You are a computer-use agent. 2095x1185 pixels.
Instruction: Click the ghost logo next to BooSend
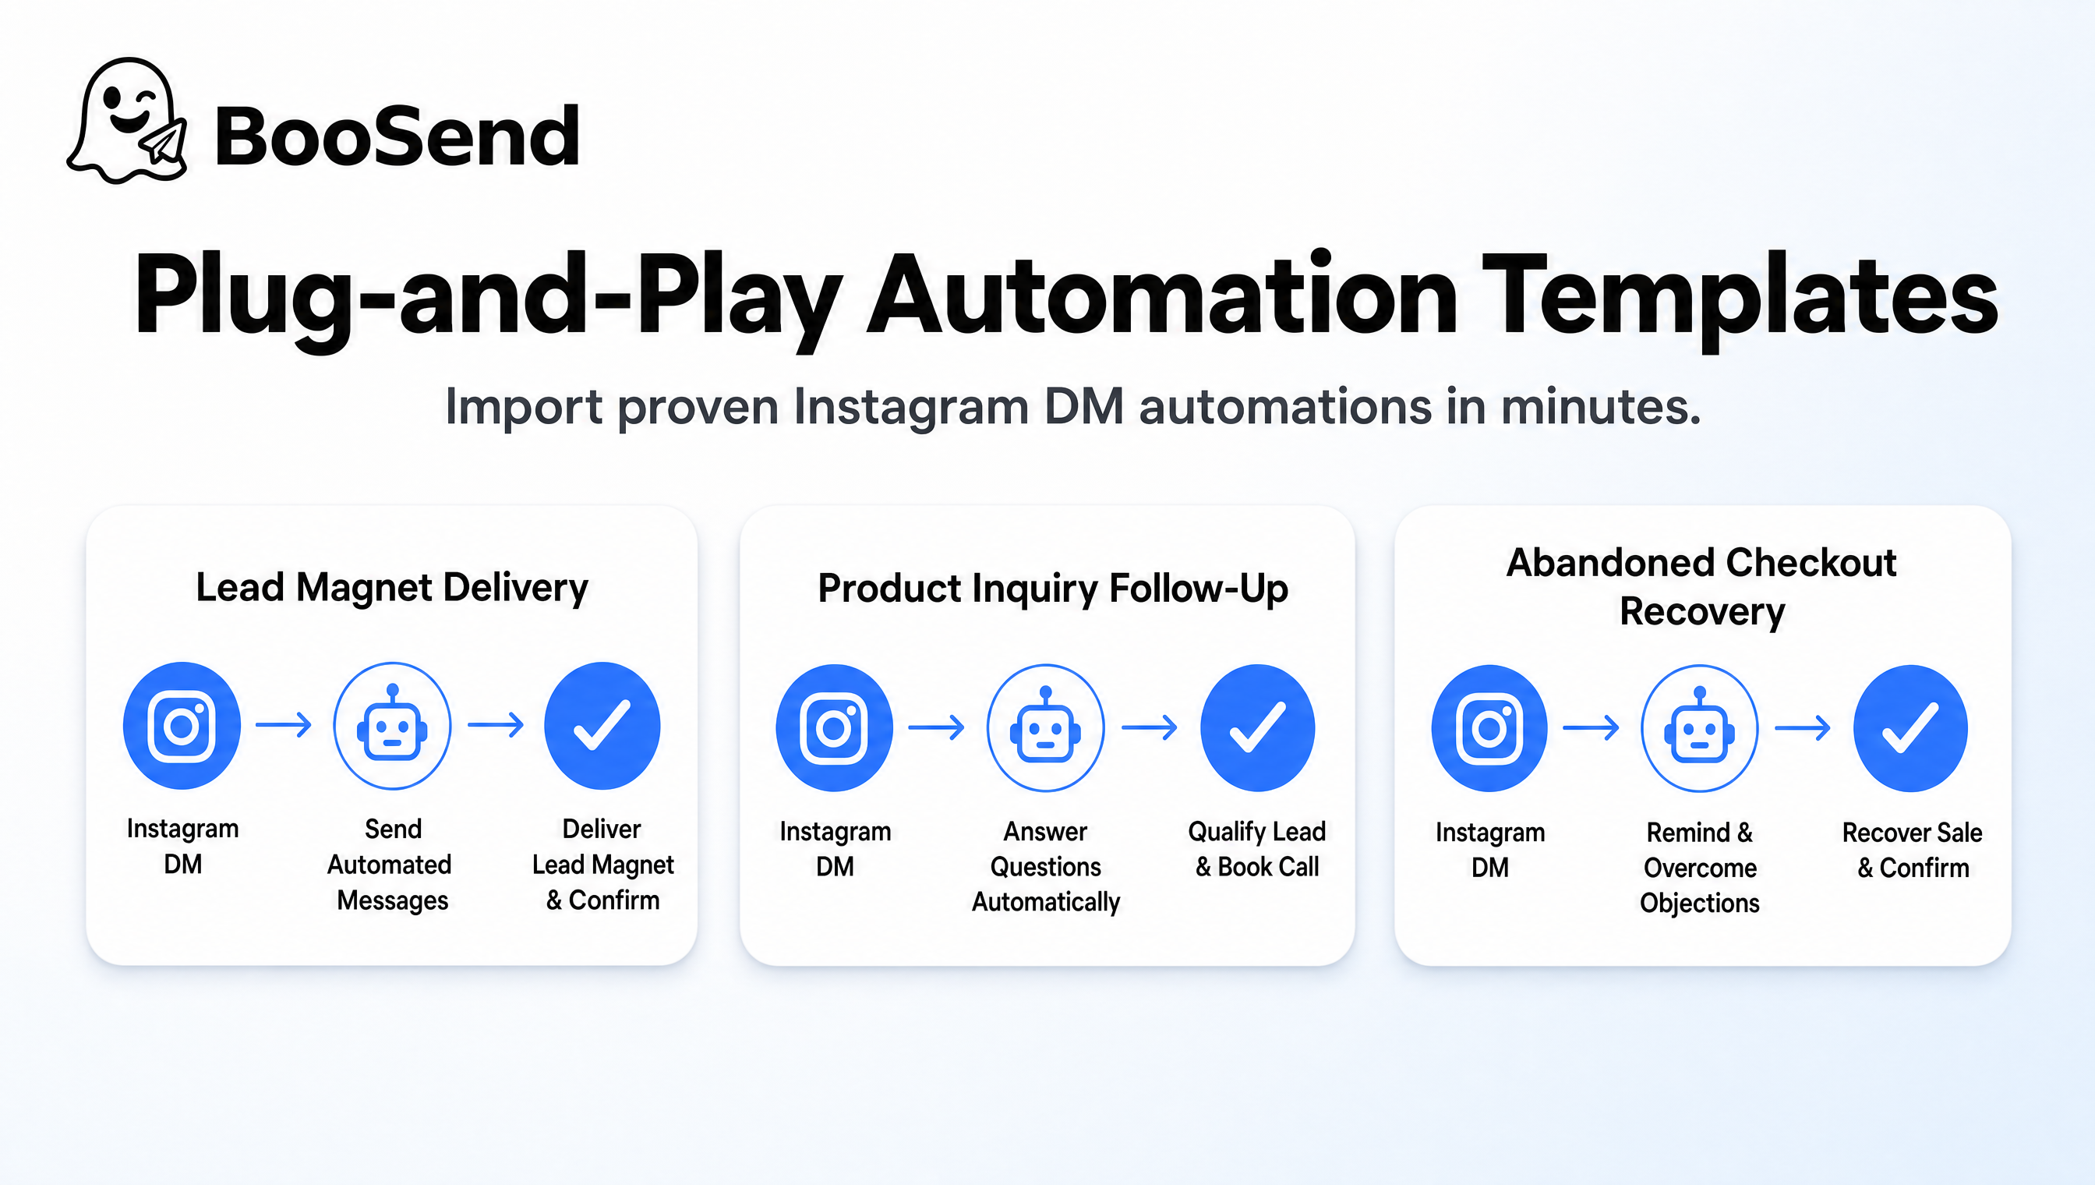pos(128,121)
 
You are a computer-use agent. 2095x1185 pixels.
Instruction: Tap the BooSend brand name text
pos(397,136)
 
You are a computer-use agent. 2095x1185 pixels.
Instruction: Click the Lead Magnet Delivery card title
pos(392,588)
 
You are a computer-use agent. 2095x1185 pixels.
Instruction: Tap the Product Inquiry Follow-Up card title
pos(1053,589)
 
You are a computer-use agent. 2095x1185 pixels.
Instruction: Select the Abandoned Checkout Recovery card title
pos(1702,587)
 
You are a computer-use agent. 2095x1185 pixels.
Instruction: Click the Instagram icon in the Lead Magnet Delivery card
pos(182,725)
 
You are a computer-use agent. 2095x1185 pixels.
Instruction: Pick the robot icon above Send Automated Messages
pos(393,725)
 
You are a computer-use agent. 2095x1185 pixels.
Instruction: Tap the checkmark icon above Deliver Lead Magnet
pos(602,725)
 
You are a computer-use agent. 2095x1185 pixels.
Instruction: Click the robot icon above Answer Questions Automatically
pos(1045,727)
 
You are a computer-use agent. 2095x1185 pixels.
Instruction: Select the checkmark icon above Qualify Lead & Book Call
pos(1258,727)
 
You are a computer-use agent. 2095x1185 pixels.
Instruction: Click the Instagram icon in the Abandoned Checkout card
pos(1489,728)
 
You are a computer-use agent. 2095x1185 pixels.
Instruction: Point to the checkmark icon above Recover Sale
pos(1910,728)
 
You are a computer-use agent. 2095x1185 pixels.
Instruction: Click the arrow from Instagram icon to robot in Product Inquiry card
pos(937,727)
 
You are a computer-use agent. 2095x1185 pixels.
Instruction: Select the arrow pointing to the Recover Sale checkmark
pos(1803,727)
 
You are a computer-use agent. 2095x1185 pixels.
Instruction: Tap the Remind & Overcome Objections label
pos(1700,868)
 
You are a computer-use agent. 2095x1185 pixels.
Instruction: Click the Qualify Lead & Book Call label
pos(1257,849)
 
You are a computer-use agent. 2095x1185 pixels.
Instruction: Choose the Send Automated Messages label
pos(391,865)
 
